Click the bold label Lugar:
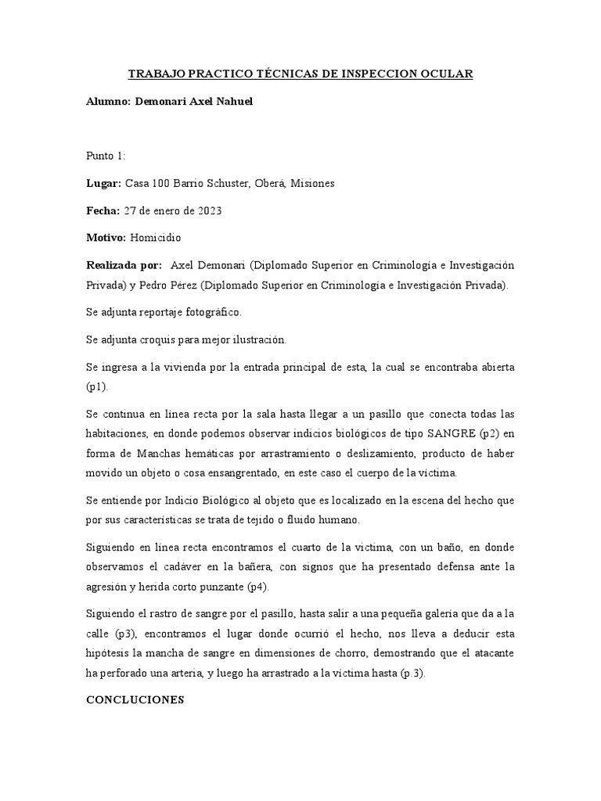click(103, 183)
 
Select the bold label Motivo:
click(107, 237)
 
